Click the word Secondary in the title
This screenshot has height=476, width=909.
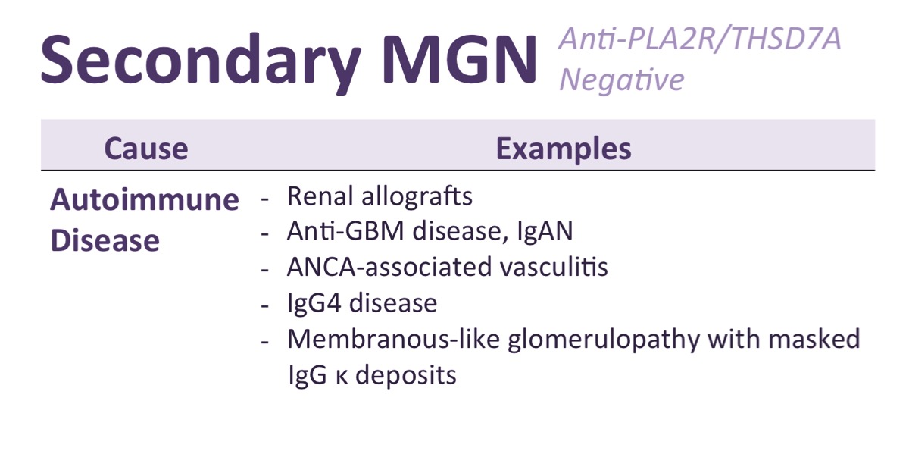pos(201,61)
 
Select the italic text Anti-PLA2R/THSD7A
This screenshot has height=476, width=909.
pos(699,39)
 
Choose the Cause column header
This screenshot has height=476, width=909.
pos(146,149)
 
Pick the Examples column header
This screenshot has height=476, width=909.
pos(564,149)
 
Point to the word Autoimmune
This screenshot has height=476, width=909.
pos(145,200)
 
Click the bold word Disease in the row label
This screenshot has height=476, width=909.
pos(105,240)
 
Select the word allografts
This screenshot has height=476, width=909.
pos(417,196)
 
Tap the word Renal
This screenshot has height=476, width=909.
pos(320,196)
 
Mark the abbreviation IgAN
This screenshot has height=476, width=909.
pos(545,232)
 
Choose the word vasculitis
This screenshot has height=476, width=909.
pos(554,268)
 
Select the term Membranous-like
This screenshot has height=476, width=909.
pos(393,339)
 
